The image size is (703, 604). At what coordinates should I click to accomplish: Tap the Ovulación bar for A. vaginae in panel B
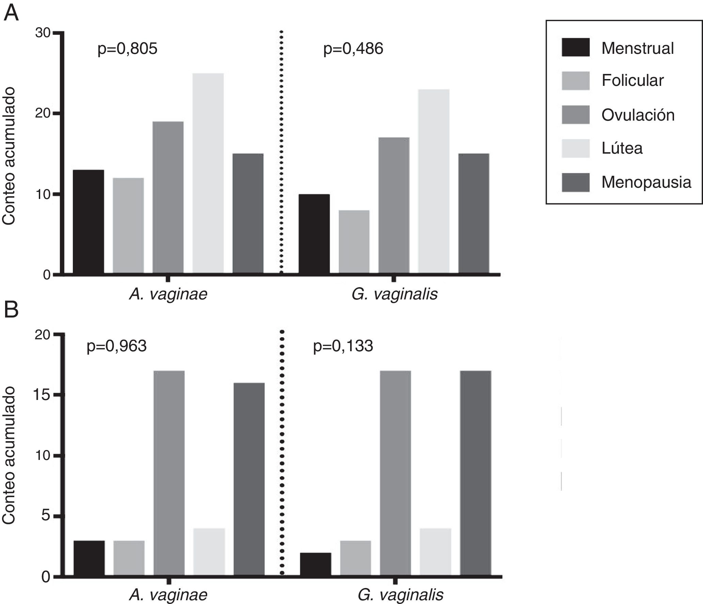pyautogui.click(x=169, y=473)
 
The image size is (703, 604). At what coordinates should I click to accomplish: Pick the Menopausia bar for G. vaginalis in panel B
pyautogui.click(x=475, y=473)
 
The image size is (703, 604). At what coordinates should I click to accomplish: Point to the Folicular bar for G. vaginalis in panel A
pyautogui.click(x=354, y=242)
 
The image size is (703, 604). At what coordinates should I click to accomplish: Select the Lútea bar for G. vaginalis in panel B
pyautogui.click(x=435, y=552)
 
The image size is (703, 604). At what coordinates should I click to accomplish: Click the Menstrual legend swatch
pyautogui.click(x=575, y=47)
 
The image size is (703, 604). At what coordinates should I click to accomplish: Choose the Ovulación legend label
pyautogui.click(x=638, y=115)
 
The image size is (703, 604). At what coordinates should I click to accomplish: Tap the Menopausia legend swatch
pyautogui.click(x=575, y=182)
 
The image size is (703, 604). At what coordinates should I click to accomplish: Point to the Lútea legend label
pyautogui.click(x=622, y=148)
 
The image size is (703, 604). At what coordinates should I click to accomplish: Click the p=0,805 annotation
pyautogui.click(x=127, y=49)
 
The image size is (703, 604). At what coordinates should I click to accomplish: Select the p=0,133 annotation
pyautogui.click(x=343, y=346)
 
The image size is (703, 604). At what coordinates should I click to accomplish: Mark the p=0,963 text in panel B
pyautogui.click(x=116, y=346)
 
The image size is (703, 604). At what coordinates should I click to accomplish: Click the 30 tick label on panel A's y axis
pyautogui.click(x=43, y=33)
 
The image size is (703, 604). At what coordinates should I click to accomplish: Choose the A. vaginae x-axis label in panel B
pyautogui.click(x=168, y=595)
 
